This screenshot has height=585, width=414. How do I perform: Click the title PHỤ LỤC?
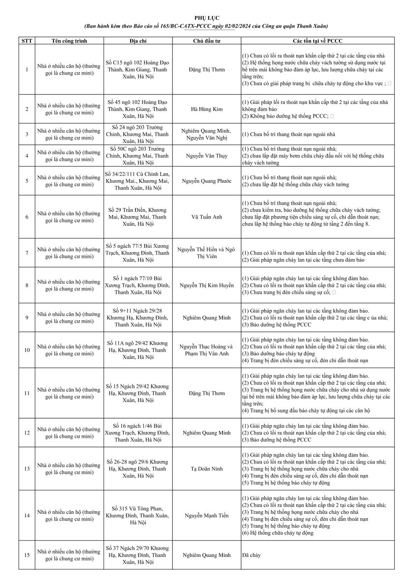207,18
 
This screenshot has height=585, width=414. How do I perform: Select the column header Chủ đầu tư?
207,41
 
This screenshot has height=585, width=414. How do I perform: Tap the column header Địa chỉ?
138,41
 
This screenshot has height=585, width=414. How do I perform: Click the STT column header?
27,41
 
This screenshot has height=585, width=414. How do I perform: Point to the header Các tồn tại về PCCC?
317,41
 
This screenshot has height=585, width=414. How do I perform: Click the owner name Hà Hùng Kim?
207,109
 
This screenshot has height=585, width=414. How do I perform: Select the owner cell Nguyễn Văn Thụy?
207,156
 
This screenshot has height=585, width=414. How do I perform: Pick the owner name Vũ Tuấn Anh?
207,217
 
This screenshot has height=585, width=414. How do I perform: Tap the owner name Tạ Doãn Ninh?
207,469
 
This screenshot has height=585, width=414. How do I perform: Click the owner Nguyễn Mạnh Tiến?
207,516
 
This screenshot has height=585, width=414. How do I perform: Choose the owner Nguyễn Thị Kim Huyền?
207,285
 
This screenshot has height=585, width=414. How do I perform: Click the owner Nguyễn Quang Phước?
207,181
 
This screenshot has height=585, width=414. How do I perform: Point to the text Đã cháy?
251,555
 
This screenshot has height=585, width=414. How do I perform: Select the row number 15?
27,555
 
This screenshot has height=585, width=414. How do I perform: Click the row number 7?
27,253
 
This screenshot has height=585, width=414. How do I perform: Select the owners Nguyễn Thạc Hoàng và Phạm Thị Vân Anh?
207,350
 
